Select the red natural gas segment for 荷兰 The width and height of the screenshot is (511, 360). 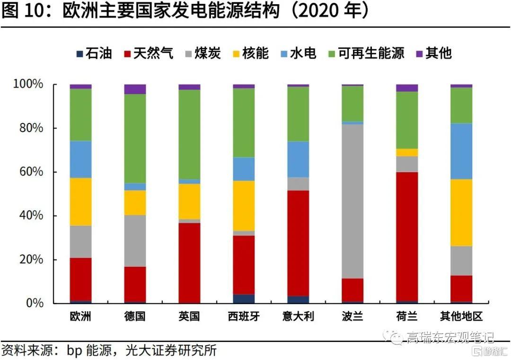[407, 237]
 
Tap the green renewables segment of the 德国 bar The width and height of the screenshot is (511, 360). [135, 138]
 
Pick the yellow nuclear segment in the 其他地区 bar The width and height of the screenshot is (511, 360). [461, 212]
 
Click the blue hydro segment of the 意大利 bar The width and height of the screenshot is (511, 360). [298, 159]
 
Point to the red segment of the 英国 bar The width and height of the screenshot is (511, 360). [189, 263]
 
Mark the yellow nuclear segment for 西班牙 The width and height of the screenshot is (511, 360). [244, 205]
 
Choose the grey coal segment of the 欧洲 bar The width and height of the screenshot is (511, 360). [80, 241]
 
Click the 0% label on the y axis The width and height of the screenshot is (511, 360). [35, 303]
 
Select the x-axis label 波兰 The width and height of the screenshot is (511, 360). [352, 316]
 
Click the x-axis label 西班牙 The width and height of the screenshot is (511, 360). [244, 316]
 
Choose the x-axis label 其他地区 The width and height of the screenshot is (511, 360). [461, 316]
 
